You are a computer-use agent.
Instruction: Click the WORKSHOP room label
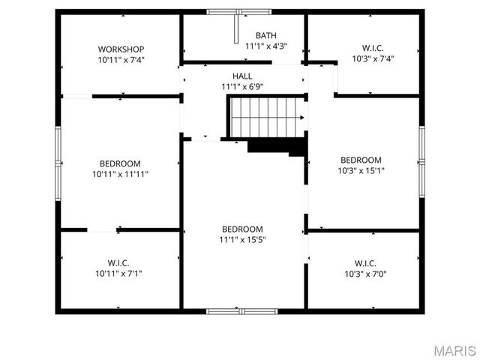[x=120, y=49]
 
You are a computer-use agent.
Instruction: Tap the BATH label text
[x=265, y=35]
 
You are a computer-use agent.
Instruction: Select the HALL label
[x=242, y=76]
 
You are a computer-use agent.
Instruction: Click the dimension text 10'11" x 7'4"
[x=120, y=59]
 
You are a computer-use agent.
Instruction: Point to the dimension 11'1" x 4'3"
[x=265, y=46]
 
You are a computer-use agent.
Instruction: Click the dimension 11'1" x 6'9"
[x=242, y=87]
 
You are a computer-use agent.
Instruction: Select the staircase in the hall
[x=266, y=118]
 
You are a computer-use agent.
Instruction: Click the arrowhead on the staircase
[x=301, y=118]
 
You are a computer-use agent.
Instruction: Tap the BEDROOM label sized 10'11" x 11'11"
[x=120, y=163]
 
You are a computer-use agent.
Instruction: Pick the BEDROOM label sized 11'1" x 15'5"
[x=242, y=229]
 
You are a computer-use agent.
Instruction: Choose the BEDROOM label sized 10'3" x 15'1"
[x=361, y=160]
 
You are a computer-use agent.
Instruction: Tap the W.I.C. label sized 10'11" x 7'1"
[x=118, y=263]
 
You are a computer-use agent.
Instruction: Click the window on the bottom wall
[x=241, y=310]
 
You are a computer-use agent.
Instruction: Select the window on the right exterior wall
[x=422, y=161]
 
